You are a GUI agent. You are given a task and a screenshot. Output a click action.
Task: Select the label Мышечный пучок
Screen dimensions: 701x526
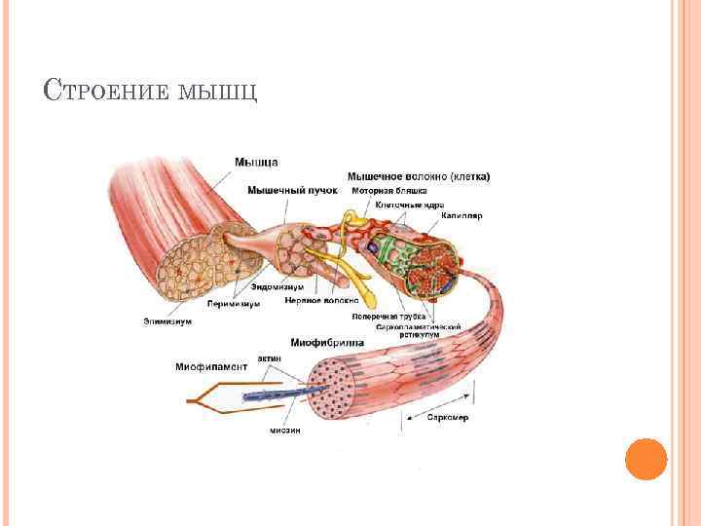293,190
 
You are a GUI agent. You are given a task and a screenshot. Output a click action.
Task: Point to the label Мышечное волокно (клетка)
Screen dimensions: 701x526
419,176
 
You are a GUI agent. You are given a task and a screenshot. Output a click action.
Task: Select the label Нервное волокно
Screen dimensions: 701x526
321,301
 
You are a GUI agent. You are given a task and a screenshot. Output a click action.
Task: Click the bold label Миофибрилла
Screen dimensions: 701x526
327,344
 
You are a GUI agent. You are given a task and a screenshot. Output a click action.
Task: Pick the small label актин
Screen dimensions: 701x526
270,358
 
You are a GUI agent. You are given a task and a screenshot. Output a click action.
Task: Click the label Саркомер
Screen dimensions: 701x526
449,417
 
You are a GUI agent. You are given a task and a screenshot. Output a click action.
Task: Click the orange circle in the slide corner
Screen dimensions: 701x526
645,458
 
